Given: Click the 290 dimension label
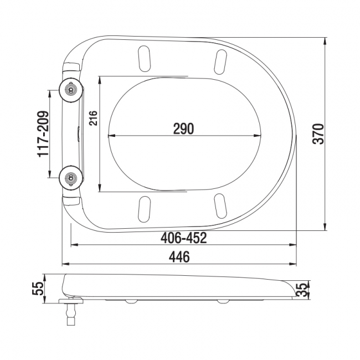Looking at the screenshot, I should point(183,128).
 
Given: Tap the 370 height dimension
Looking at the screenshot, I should point(317,134).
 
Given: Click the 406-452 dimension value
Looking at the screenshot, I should point(183,238).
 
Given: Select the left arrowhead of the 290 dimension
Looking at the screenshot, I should point(111,136).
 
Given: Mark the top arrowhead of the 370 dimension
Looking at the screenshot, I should point(325,40).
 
